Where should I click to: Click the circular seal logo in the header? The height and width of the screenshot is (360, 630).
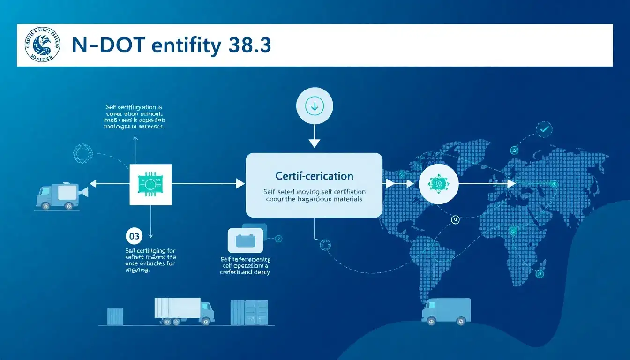click(x=42, y=45)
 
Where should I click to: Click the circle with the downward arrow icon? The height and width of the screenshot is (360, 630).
click(x=314, y=106)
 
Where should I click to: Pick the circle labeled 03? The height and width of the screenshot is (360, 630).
click(x=134, y=236)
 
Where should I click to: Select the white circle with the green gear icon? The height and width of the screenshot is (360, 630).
click(x=438, y=184)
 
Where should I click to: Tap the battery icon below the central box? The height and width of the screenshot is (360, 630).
click(x=246, y=240)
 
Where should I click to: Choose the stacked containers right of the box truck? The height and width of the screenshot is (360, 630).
click(x=249, y=313)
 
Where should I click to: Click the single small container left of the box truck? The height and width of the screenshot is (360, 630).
click(x=115, y=316)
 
